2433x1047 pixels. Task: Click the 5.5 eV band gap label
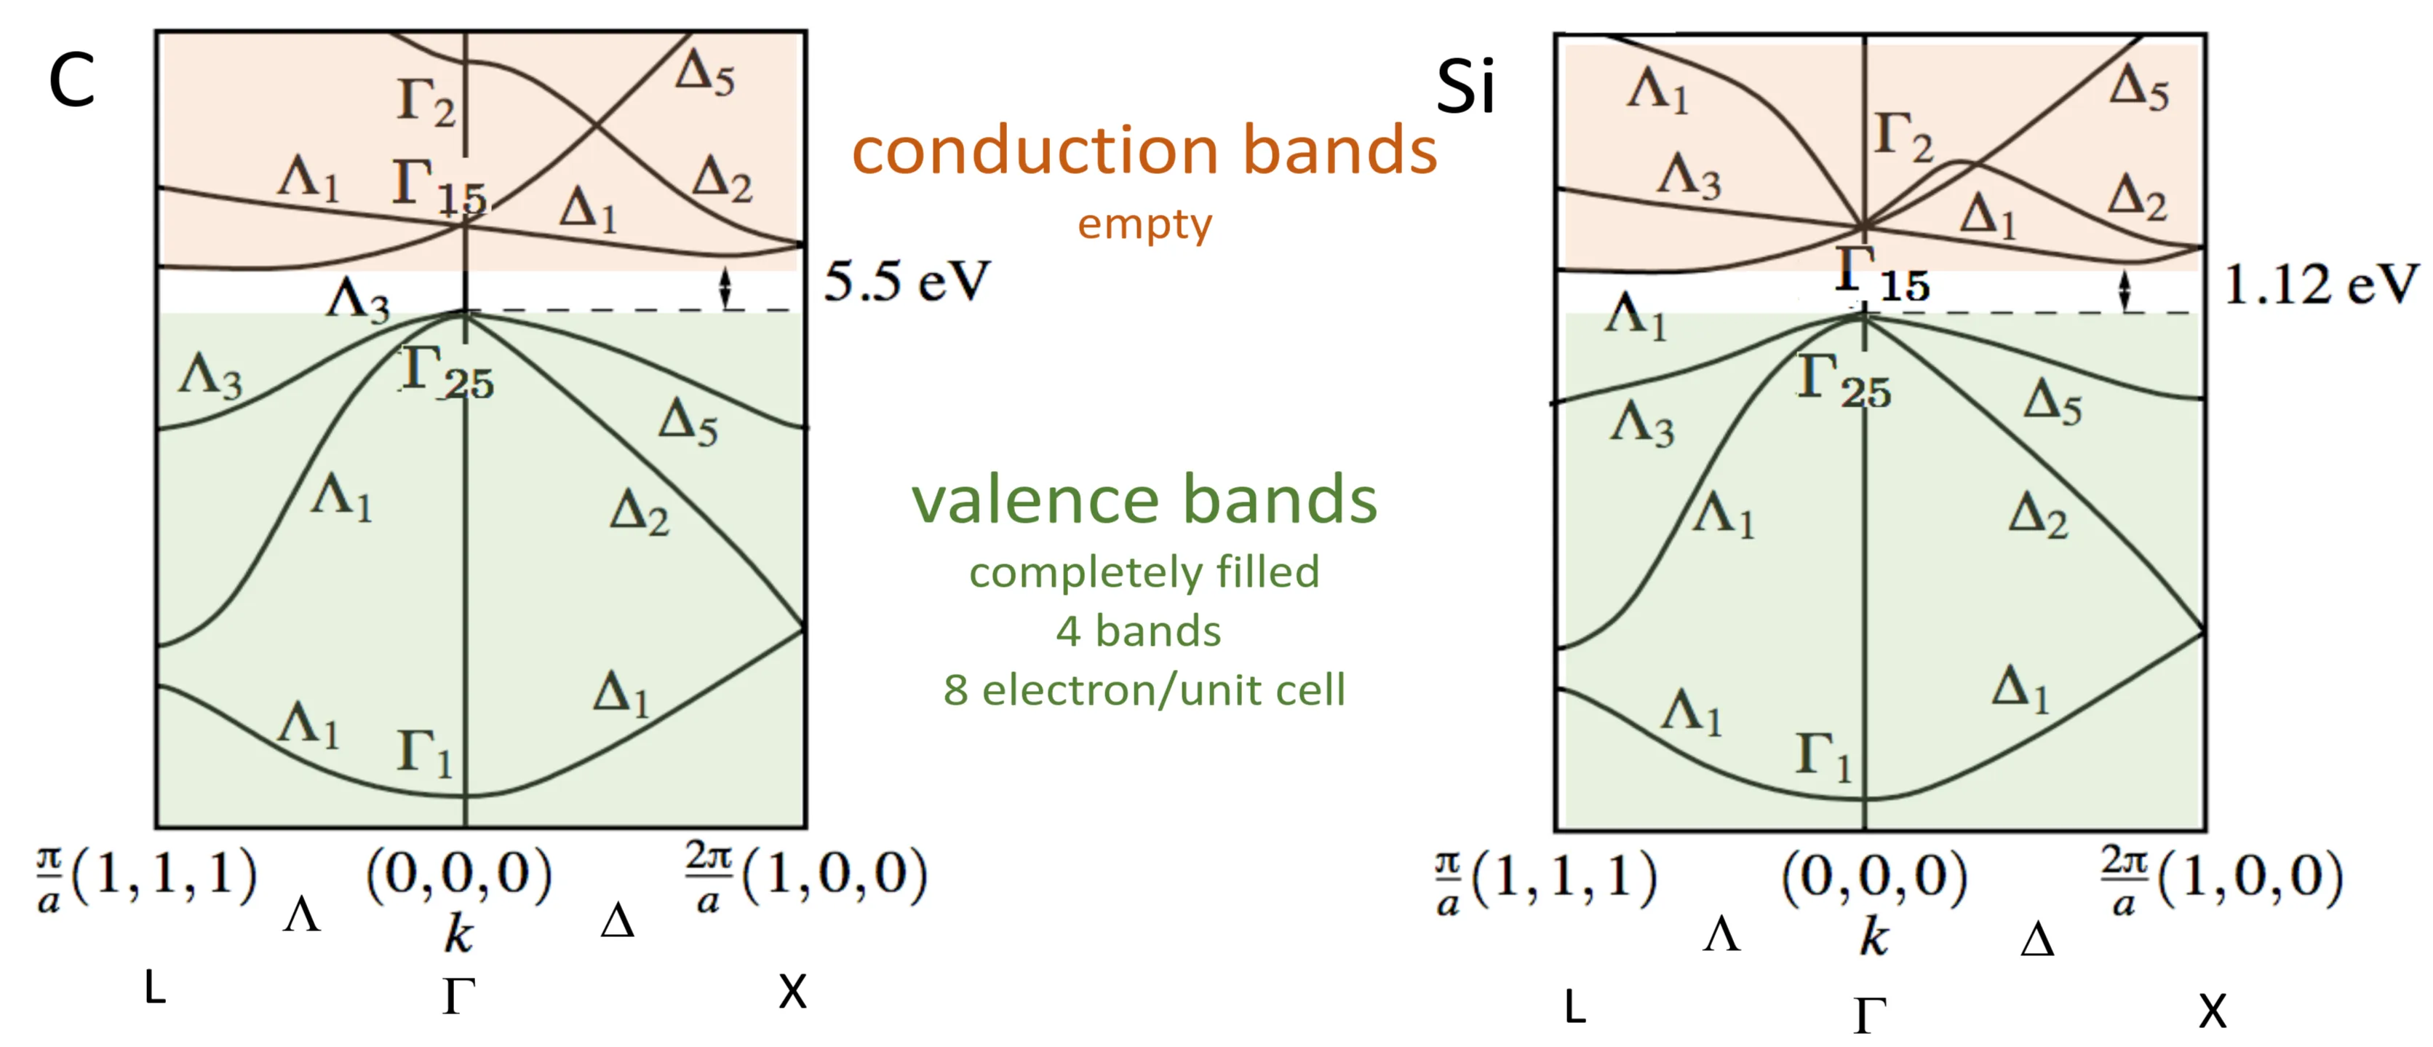(x=906, y=282)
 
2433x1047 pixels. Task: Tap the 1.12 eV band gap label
(x=2319, y=283)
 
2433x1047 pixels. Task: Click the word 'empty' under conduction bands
(x=1144, y=225)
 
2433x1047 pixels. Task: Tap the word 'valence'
(x=1037, y=500)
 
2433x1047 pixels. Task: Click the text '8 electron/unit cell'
(x=1144, y=690)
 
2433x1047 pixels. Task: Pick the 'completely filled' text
(x=1144, y=572)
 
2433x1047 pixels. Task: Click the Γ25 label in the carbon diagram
(x=447, y=374)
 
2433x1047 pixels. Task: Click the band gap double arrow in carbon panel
(x=725, y=288)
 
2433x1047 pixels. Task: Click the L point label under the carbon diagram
(x=155, y=989)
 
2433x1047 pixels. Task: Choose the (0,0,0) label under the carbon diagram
(x=459, y=873)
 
